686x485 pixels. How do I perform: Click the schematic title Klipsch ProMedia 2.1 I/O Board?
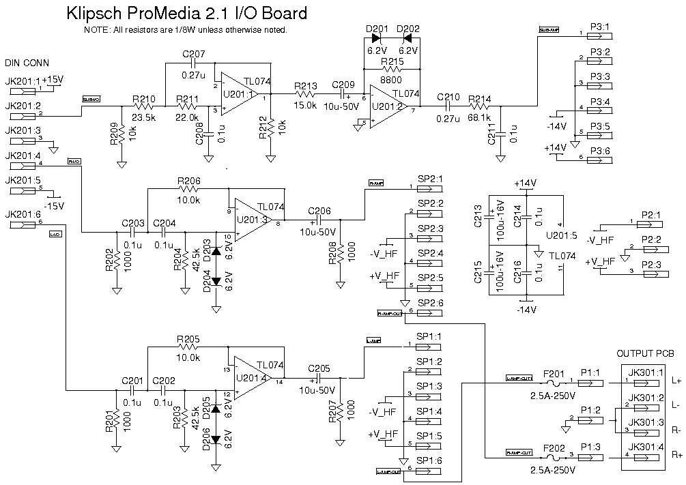click(x=186, y=13)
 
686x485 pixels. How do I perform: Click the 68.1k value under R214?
click(x=480, y=119)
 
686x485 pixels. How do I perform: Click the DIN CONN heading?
click(x=27, y=63)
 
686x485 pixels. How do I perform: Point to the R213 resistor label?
click(x=306, y=86)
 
